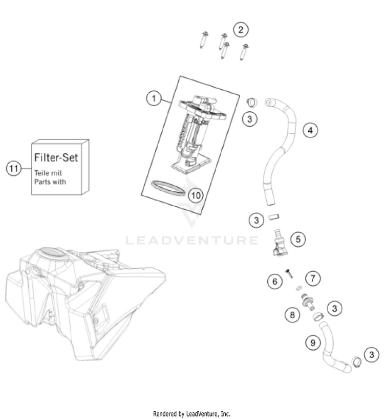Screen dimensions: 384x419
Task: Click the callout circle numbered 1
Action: pos(152,98)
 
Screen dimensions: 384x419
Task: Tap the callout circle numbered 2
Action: pos(241,30)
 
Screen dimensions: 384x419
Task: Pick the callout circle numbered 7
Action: pos(313,278)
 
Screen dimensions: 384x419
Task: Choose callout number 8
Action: pos(292,314)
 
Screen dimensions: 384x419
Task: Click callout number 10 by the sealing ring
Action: pos(195,195)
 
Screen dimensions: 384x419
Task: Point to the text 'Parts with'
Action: pos(50,182)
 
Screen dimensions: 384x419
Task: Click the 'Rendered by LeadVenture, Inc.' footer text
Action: pos(192,413)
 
